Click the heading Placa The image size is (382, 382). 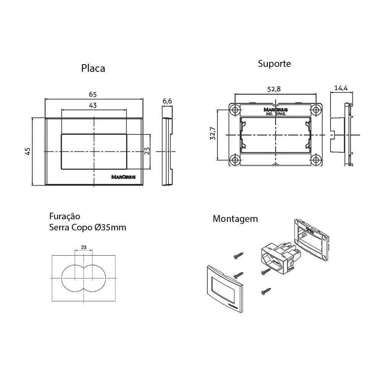coord(93,68)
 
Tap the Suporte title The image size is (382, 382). coord(274,63)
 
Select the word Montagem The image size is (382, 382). coord(235,219)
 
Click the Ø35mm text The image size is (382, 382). coord(110,228)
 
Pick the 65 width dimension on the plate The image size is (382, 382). coord(93,94)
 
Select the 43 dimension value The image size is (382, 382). coord(93,105)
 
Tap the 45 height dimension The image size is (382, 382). coord(28,151)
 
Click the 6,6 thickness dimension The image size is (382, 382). coord(167,101)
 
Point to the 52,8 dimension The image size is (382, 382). coord(274,89)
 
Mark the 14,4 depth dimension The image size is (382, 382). coord(340,88)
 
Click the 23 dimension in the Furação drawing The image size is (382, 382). coord(84,248)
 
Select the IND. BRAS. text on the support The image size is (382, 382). coord(275,113)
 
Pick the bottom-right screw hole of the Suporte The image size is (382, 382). coord(316,159)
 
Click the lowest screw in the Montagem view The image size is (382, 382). coord(265,292)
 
